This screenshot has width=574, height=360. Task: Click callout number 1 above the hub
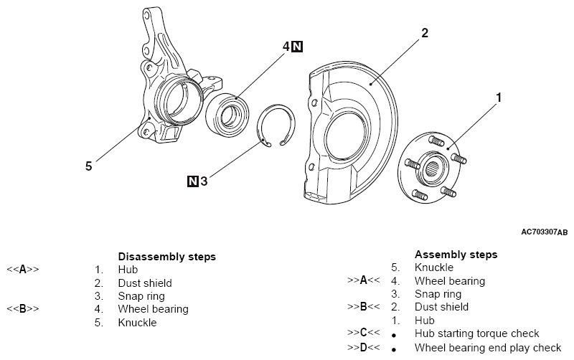click(x=499, y=96)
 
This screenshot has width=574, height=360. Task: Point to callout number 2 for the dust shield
click(x=425, y=33)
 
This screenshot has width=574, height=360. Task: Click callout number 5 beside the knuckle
click(x=88, y=166)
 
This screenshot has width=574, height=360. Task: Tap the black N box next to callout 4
click(x=298, y=46)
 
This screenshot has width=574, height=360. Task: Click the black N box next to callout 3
click(x=192, y=181)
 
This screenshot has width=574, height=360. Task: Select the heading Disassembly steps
click(x=166, y=256)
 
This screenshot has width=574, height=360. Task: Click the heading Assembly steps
click(x=456, y=255)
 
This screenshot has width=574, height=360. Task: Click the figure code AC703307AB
click(x=544, y=232)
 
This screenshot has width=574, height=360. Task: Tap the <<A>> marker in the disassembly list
click(x=22, y=270)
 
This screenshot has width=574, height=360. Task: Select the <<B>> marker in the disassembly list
click(x=22, y=309)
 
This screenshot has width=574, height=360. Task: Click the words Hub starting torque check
click(x=476, y=333)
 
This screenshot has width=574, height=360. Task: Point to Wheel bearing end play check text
click(x=488, y=347)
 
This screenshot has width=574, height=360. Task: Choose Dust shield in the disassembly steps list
click(x=145, y=283)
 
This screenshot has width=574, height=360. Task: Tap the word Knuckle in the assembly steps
click(x=434, y=267)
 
